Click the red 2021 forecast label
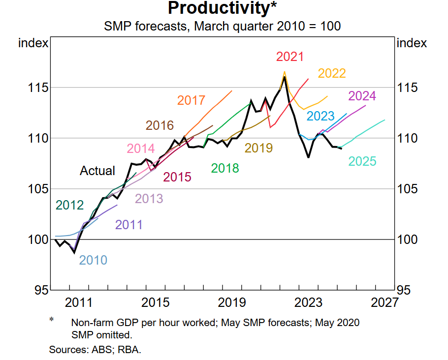click(x=290, y=57)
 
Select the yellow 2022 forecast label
click(x=332, y=73)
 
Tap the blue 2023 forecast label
click(x=320, y=117)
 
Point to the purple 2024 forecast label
click(x=362, y=96)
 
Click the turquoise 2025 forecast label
click(x=362, y=161)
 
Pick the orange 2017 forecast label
click(x=191, y=100)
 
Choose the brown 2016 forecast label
click(x=160, y=125)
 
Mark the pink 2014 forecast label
click(x=141, y=149)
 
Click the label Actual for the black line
click(x=97, y=171)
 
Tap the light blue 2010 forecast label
click(x=93, y=260)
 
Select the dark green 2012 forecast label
click(x=69, y=205)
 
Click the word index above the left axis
click(x=33, y=43)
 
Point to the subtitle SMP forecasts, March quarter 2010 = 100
click(x=222, y=26)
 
